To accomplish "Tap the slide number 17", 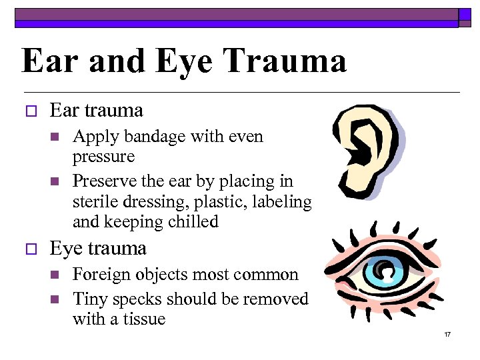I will tap(447, 333).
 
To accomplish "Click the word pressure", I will tap(103, 157).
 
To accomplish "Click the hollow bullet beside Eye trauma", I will tap(28, 249).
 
